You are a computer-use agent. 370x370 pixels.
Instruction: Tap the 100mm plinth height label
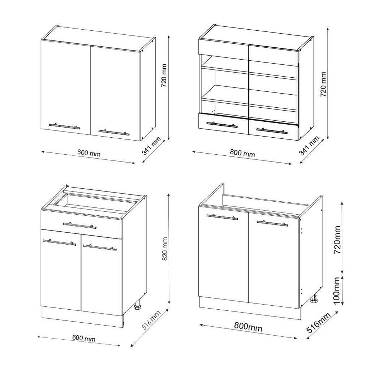pos(337,291)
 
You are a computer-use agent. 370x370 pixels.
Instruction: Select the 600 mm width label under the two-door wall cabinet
pos(89,153)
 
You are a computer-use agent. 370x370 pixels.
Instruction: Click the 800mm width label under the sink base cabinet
pos(248,328)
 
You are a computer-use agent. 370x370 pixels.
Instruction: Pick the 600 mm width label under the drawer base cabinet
pos(84,338)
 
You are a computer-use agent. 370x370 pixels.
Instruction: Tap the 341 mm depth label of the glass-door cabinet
pos(309,146)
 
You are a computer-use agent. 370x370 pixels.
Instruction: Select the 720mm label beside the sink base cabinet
pos(337,239)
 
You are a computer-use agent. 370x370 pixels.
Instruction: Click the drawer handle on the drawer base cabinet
pos(79,225)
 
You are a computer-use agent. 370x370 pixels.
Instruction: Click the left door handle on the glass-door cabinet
pos(222,125)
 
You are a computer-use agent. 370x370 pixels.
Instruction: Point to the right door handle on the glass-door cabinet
pos(272,131)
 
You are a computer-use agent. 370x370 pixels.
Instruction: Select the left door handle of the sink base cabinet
pos(222,217)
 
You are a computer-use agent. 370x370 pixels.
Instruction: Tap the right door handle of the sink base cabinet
pos(272,223)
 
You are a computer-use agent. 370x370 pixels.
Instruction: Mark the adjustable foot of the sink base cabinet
pos(315,299)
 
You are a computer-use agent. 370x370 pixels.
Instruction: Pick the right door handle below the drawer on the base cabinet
pos(100,248)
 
